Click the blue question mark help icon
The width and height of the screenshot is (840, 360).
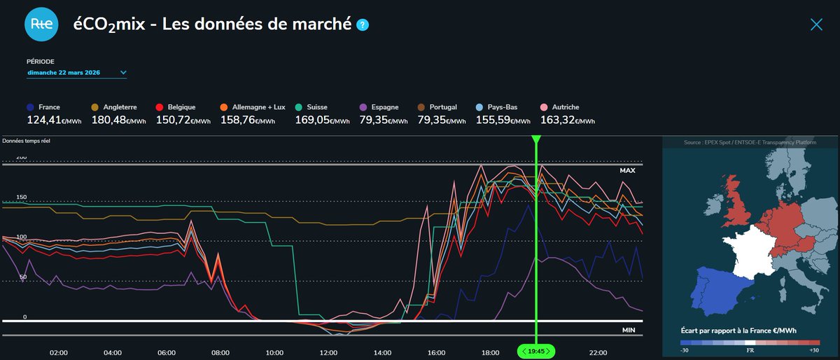click(363, 25)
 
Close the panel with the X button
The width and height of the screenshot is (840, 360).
click(816, 25)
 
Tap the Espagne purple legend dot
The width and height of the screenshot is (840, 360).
click(363, 107)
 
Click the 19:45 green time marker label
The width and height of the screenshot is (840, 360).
click(535, 351)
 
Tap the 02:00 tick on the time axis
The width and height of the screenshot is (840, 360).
click(58, 352)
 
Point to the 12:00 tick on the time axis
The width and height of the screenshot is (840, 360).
click(328, 352)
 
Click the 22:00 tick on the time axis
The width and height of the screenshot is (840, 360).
click(598, 352)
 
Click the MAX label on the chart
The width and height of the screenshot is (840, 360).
click(626, 171)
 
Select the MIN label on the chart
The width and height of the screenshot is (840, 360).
click(628, 329)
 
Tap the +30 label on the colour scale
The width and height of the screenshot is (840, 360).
click(813, 350)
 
